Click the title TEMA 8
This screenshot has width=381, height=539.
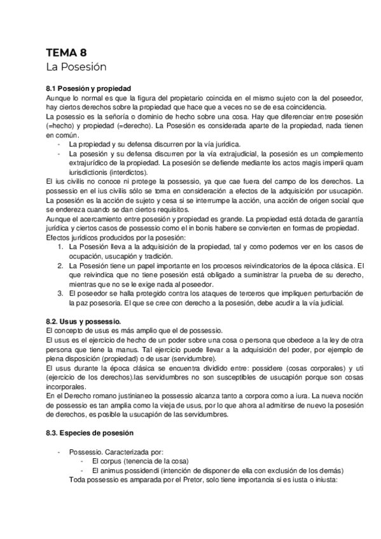click(x=71, y=52)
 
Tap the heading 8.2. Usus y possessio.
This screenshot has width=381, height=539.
click(x=85, y=324)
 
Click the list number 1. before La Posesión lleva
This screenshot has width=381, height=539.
click(x=60, y=246)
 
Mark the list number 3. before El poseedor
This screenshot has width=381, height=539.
click(x=60, y=293)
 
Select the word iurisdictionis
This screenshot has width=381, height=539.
click(x=88, y=172)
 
